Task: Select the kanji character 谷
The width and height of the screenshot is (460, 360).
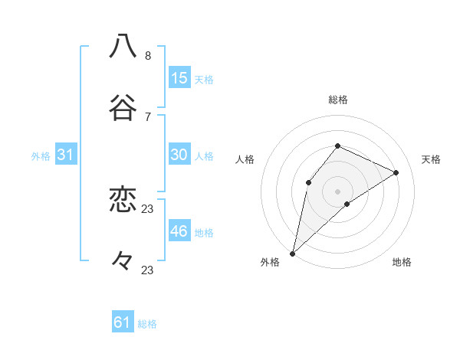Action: click(123, 106)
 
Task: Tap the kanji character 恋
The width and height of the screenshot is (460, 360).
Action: click(123, 200)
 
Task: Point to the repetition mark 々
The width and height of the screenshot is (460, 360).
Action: click(123, 261)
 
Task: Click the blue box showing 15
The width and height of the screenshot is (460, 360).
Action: click(179, 78)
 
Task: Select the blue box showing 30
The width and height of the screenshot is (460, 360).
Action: click(179, 155)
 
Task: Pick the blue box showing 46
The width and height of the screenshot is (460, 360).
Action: click(179, 231)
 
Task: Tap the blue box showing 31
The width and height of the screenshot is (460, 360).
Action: click(66, 155)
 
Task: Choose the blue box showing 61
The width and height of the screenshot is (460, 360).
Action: click(123, 322)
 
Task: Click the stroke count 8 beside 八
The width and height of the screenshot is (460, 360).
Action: click(148, 56)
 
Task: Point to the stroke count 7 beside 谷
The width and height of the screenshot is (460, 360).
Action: click(148, 116)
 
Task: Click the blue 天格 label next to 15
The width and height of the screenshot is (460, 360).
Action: click(204, 80)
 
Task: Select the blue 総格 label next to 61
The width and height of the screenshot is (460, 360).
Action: click(147, 324)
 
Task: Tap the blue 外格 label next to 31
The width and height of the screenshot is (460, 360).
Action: click(41, 156)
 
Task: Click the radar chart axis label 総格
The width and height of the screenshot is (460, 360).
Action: click(338, 100)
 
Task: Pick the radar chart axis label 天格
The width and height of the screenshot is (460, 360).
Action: click(431, 159)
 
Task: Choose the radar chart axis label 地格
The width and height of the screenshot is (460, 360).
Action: click(402, 262)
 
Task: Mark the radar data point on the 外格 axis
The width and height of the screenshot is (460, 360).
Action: click(293, 253)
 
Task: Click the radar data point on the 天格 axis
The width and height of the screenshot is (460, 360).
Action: click(396, 173)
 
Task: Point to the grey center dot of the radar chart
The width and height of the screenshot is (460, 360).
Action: click(338, 191)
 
